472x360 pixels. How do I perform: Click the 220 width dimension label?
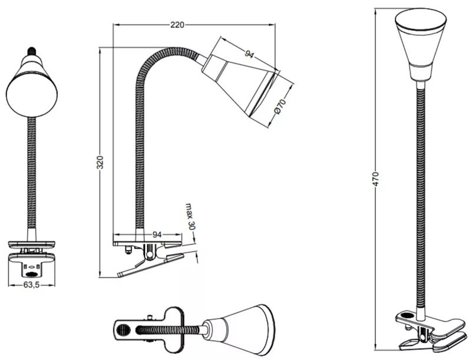coord(177,25)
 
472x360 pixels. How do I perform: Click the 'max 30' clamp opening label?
coord(190,216)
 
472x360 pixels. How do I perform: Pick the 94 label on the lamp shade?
coord(249,55)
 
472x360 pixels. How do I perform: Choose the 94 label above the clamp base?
coord(157,235)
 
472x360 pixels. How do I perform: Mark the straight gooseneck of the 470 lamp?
coord(420,194)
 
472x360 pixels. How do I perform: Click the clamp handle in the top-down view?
coord(138,328)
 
